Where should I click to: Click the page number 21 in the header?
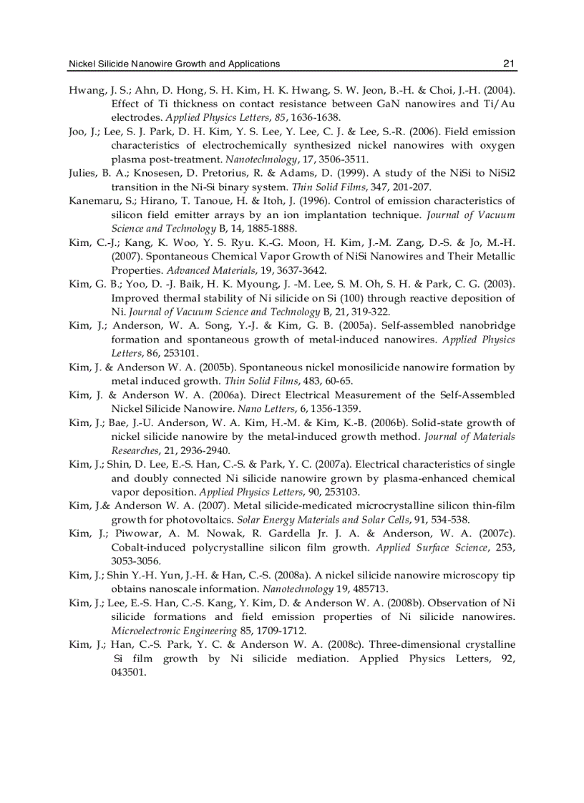pos(509,64)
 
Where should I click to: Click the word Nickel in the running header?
pos(81,64)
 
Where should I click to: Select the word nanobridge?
pos(484,325)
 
